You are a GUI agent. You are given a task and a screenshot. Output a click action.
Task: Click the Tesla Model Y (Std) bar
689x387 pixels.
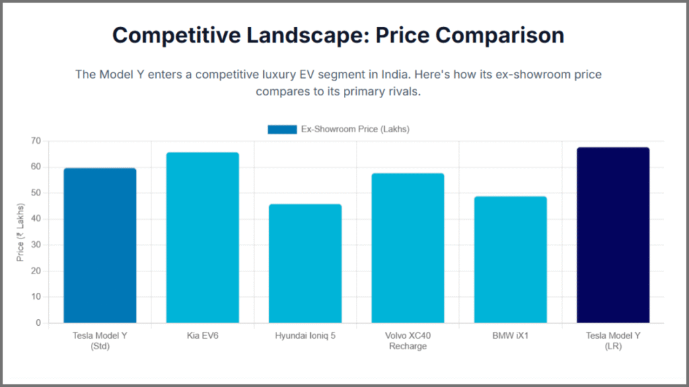[100, 246]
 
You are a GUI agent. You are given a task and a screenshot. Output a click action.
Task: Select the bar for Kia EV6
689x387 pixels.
[203, 238]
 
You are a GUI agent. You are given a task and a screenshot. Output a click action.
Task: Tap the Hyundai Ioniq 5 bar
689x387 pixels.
[305, 263]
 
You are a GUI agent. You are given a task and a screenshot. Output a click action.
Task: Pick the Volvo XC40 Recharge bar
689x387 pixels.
[408, 248]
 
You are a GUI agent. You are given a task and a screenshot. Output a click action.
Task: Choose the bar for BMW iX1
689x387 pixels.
[511, 260]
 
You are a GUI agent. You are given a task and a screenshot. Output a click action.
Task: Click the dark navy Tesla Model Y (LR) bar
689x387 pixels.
[613, 235]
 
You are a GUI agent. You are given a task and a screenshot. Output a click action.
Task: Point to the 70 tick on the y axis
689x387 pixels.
[35, 141]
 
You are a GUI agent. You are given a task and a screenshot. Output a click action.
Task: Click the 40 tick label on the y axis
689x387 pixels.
[35, 219]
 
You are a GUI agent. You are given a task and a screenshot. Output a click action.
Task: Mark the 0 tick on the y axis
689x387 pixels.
[38, 323]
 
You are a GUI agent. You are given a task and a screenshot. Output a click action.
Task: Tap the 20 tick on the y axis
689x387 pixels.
[35, 271]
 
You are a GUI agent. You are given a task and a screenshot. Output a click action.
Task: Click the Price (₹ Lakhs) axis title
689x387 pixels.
[20, 232]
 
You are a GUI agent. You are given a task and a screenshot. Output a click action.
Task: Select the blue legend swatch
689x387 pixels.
[282, 129]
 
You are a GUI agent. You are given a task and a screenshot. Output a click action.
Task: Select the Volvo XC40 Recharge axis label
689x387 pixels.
[408, 341]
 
